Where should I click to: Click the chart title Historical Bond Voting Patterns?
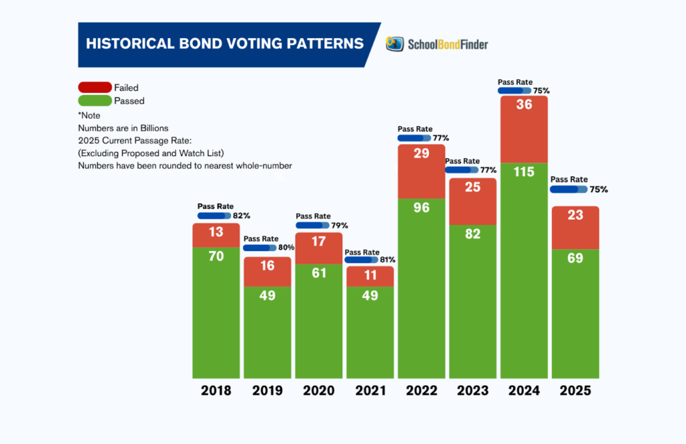click(224, 44)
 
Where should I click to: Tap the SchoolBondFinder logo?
click(437, 44)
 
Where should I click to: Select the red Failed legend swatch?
click(94, 88)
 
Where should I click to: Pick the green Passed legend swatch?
click(94, 101)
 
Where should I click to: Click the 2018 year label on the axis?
click(216, 390)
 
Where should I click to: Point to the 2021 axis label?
click(370, 390)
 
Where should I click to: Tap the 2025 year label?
click(575, 390)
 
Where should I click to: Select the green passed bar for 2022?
click(421, 288)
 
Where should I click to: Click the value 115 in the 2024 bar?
click(524, 172)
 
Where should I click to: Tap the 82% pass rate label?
click(241, 216)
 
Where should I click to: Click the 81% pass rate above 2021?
click(388, 260)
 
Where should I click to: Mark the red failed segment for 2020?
click(319, 248)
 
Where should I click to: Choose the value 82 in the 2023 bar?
click(472, 234)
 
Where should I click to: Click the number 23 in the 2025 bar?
click(575, 216)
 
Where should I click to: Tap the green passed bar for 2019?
click(267, 331)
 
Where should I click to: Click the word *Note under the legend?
click(89, 115)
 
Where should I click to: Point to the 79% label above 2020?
click(340, 226)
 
